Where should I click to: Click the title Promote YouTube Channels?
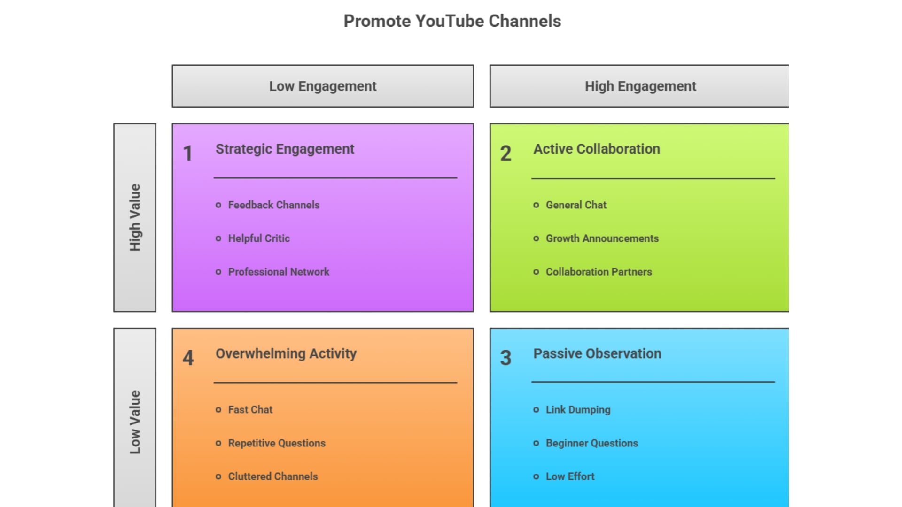pyautogui.click(x=452, y=21)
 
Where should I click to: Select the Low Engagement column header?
pyautogui.click(x=323, y=86)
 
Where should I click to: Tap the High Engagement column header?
pyautogui.click(x=639, y=86)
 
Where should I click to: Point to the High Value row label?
pyautogui.click(x=135, y=217)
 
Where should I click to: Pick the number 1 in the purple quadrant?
pyautogui.click(x=188, y=154)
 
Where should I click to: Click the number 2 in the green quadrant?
pyautogui.click(x=505, y=154)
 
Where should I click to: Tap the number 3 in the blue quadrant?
pyautogui.click(x=505, y=358)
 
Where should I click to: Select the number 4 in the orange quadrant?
pyautogui.click(x=188, y=358)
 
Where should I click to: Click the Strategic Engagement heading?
pyautogui.click(x=285, y=149)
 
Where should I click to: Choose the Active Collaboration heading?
pyautogui.click(x=597, y=149)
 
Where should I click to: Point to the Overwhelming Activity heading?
pyautogui.click(x=286, y=354)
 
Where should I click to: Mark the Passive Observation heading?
pyautogui.click(x=597, y=353)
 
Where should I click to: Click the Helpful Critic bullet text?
pyautogui.click(x=259, y=238)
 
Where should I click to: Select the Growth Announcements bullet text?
pyautogui.click(x=602, y=238)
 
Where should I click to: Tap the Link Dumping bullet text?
pyautogui.click(x=578, y=410)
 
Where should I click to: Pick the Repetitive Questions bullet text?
pyautogui.click(x=277, y=443)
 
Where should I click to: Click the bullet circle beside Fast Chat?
pyautogui.click(x=218, y=410)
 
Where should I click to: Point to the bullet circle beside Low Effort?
pyautogui.click(x=536, y=476)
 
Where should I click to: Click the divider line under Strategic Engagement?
pyautogui.click(x=335, y=178)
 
